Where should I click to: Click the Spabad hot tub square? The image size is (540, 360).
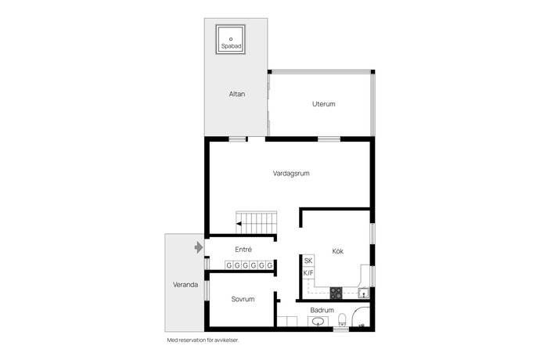tap(230, 39)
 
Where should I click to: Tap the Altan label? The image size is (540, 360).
tap(237, 94)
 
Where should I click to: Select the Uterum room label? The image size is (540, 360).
tap(324, 103)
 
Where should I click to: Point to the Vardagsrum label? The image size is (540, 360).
tap(291, 173)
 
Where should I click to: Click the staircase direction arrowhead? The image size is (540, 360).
tap(239, 224)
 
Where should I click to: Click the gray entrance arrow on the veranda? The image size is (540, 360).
tap(199, 247)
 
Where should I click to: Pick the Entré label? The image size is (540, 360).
tap(243, 249)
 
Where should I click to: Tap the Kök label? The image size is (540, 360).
tap(337, 251)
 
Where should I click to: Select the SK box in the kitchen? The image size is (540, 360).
tap(308, 261)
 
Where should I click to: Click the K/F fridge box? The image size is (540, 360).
tap(308, 273)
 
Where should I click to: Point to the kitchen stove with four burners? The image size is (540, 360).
tap(336, 293)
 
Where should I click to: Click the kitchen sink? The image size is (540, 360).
tap(363, 293)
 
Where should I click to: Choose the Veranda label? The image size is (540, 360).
tap(185, 285)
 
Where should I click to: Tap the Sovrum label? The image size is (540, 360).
tap(243, 299)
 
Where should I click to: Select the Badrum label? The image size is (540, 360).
tap(322, 310)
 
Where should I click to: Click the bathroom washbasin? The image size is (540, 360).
tap(318, 322)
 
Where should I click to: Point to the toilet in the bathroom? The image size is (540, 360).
tap(342, 319)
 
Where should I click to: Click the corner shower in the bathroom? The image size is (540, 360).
tap(361, 317)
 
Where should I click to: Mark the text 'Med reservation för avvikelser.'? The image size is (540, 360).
tap(203, 340)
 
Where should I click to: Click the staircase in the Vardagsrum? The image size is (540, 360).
tap(256, 222)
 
